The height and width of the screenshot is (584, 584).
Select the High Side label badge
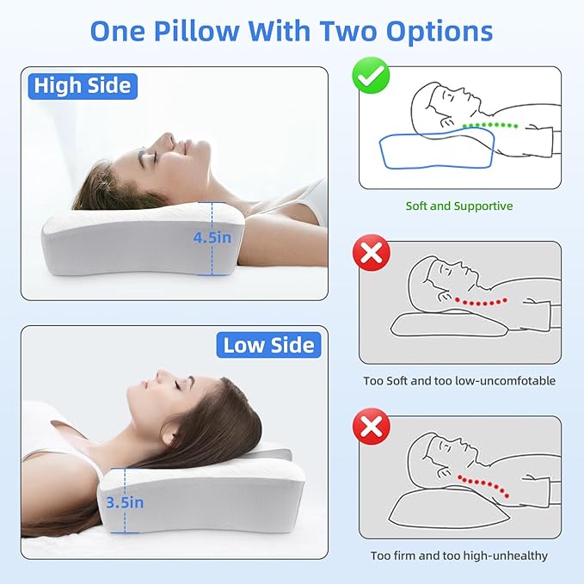(x=82, y=85)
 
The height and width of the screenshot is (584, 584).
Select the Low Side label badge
(x=269, y=346)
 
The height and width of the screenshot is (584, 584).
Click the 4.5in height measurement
(x=212, y=237)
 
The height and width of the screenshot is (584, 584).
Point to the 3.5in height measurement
(x=126, y=501)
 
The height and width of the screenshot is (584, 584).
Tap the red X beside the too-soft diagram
(x=372, y=254)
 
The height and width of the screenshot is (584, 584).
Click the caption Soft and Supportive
(x=458, y=206)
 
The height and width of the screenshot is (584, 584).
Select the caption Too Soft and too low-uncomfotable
(x=458, y=380)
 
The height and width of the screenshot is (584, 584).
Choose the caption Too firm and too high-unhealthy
(x=458, y=556)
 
